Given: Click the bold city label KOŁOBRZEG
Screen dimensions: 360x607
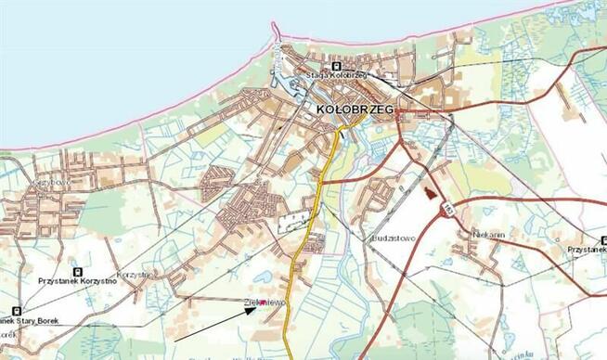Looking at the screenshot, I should point(355,109).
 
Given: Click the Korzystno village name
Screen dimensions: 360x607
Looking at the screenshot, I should point(135,276).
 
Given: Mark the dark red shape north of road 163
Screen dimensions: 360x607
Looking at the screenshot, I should point(428,193).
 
